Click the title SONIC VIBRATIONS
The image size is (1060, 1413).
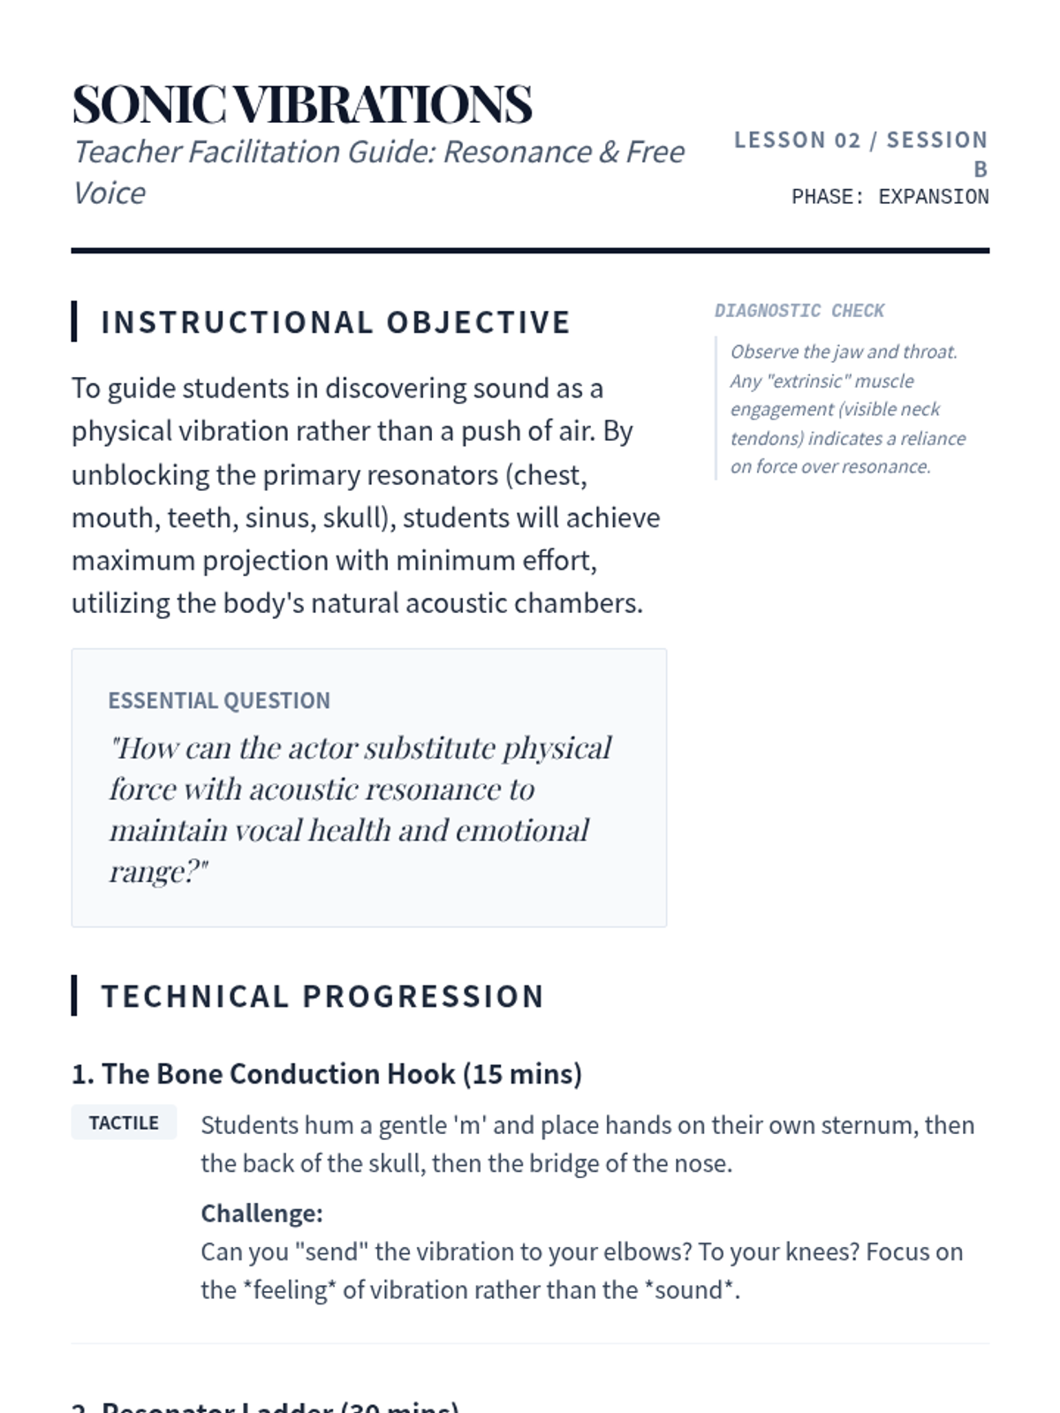302,104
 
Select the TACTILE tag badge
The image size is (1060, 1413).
124,1122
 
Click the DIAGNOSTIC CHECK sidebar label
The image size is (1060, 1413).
799,311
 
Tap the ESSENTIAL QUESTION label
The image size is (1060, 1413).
219,700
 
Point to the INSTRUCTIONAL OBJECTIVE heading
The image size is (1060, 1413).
336,322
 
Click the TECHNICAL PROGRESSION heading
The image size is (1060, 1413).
322,996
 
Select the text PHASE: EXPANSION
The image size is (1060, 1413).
890,197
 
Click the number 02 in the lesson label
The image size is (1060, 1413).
847,140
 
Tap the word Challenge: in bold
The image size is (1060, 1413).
261,1213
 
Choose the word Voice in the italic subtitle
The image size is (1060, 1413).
109,193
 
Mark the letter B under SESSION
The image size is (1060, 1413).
980,169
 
